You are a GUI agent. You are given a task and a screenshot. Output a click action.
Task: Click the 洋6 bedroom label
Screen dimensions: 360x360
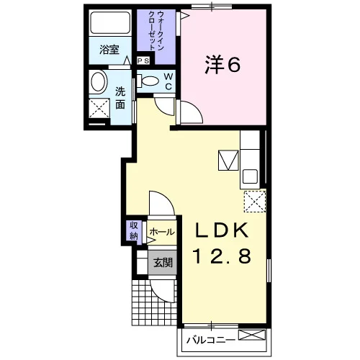tap(222, 64)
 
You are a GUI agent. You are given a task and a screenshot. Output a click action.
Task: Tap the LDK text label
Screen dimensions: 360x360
tap(222, 230)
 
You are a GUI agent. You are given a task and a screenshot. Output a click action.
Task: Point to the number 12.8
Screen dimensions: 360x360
tap(222, 256)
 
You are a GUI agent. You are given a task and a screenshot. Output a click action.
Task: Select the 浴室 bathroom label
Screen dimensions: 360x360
tap(109, 50)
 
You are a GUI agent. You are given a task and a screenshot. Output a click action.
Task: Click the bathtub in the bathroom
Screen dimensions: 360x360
tap(110, 23)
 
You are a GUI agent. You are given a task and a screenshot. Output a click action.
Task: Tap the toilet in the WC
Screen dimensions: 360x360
tap(148, 81)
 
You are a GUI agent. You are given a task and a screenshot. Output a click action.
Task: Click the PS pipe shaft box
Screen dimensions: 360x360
tap(143, 60)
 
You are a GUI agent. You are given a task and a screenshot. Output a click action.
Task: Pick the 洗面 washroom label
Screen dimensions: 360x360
tap(120, 98)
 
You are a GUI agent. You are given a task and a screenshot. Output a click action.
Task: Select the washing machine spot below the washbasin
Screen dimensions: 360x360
tap(99, 108)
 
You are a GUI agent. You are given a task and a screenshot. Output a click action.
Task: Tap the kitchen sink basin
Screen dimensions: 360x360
tap(250, 176)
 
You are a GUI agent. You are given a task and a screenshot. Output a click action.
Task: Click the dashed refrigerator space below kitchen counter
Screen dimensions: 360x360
tap(255, 202)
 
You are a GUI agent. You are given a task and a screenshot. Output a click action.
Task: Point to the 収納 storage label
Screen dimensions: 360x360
tap(134, 230)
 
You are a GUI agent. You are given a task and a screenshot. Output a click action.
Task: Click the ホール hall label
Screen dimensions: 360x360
tap(162, 232)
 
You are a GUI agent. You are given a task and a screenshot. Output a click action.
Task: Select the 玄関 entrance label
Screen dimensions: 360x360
tap(163, 263)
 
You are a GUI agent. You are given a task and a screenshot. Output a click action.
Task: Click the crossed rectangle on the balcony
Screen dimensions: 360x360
tap(252, 335)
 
